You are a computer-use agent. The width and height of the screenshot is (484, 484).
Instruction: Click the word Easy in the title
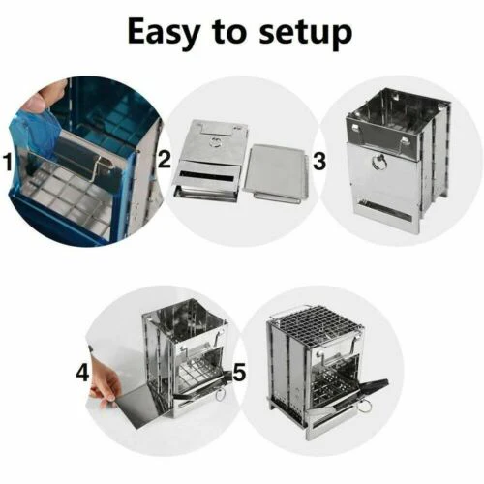coord(173,33)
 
